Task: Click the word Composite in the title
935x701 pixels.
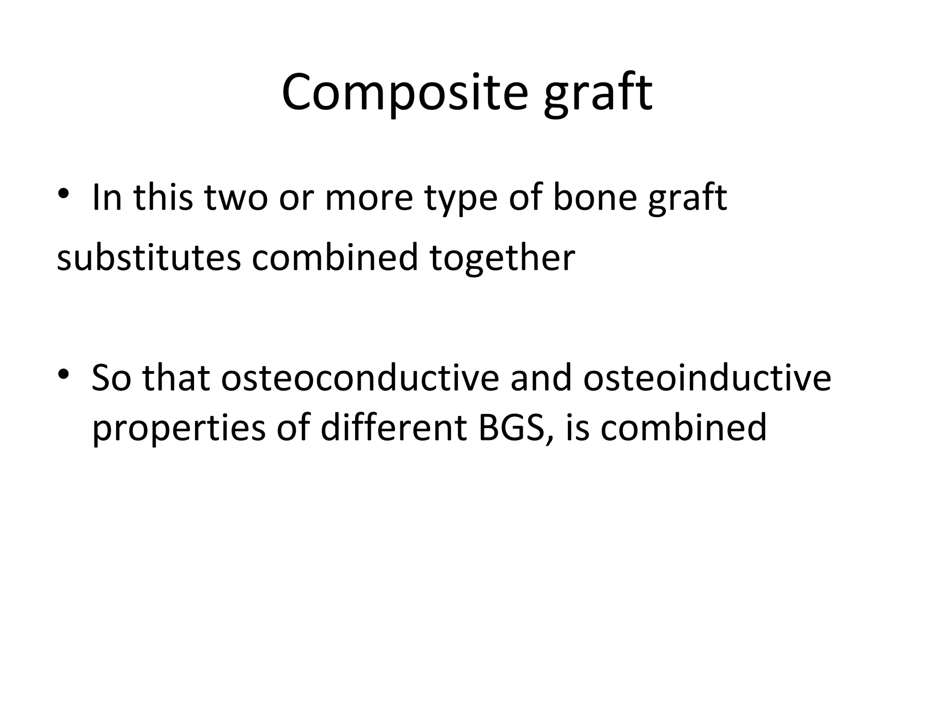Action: click(x=404, y=93)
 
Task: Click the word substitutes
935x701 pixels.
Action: click(x=149, y=258)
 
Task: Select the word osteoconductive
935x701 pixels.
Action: click(x=360, y=378)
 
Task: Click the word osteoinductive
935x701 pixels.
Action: click(x=707, y=378)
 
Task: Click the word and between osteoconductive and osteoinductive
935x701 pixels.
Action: click(x=541, y=378)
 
